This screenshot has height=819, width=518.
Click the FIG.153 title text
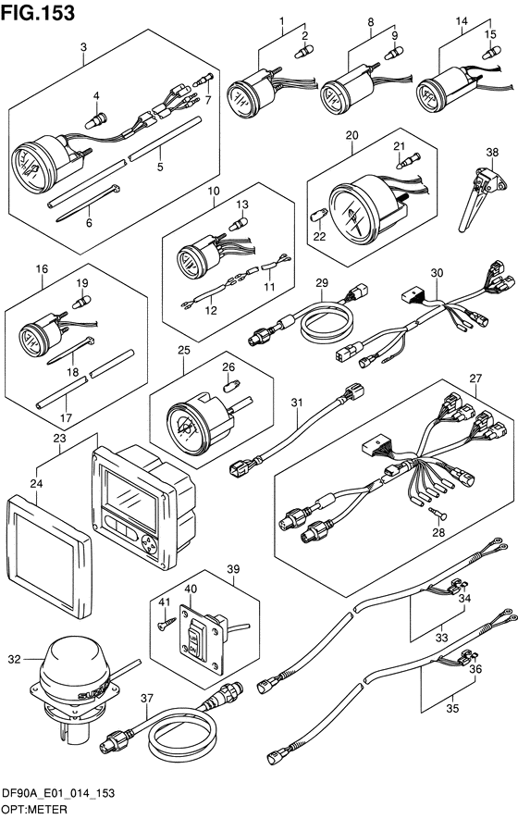tap(38, 13)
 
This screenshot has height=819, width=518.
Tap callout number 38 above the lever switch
tap(492, 152)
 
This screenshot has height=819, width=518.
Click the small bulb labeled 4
tap(95, 122)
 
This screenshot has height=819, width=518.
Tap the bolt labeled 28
tap(438, 515)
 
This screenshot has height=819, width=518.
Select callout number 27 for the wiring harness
tap(475, 378)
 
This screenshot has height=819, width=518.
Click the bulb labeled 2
tap(302, 52)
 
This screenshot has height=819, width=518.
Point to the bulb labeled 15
tap(491, 52)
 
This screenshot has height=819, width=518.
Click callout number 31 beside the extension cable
tap(297, 403)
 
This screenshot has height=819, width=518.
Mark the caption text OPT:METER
tap(34, 810)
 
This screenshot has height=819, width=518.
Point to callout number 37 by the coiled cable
tap(147, 698)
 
